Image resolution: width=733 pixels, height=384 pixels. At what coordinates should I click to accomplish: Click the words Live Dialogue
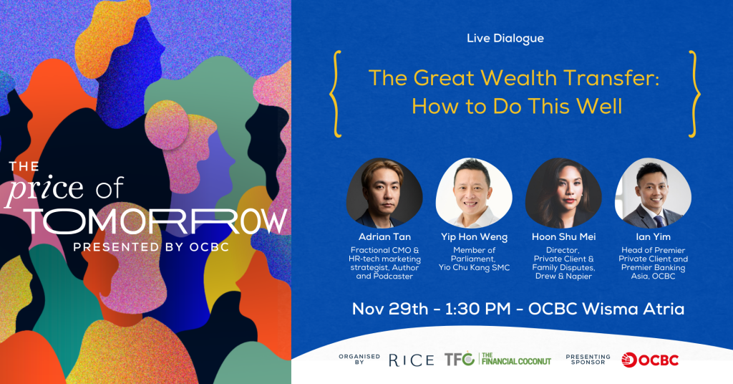point(505,39)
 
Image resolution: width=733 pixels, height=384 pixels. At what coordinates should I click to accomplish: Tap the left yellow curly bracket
point(335,94)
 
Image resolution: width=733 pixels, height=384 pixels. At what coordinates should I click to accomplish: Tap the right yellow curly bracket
point(694,94)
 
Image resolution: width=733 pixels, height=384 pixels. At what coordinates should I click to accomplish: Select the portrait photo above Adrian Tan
point(384,193)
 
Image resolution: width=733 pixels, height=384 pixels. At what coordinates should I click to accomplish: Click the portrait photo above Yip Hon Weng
point(474,193)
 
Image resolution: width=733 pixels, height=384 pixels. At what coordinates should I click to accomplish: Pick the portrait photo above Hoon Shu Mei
point(564,193)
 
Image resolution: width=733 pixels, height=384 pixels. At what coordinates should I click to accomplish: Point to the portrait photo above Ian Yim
point(653,193)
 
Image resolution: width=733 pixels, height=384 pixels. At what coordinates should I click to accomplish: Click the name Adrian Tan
point(384,236)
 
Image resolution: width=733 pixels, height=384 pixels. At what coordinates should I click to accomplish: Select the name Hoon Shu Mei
point(564,236)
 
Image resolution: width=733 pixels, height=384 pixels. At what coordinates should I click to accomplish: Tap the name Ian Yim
point(653,236)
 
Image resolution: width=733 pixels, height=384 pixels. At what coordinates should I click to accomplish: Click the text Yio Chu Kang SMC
point(474,267)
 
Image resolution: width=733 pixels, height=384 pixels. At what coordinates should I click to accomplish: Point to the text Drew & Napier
point(564,276)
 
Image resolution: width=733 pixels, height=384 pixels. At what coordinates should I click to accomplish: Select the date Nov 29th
point(390,309)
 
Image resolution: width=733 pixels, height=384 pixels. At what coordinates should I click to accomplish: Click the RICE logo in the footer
point(412,360)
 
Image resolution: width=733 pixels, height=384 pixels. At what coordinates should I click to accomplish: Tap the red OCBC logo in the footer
point(650,360)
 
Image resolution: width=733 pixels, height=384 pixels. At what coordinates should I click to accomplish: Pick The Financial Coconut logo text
point(516,359)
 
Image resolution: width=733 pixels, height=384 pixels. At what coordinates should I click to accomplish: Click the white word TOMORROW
point(156,221)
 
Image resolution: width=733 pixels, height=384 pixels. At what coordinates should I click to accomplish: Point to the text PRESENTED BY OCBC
point(151,247)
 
